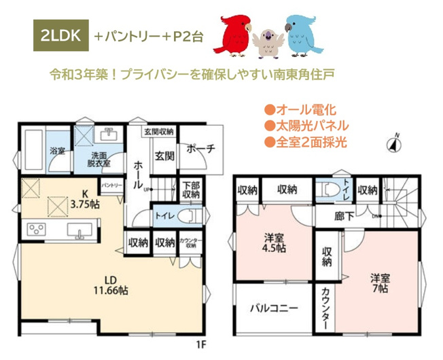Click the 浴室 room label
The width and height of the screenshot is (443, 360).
[56, 151]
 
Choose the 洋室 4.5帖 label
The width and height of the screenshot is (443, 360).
[274, 243]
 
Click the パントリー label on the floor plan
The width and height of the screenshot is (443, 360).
[111, 185]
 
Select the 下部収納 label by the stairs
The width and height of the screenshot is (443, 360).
[190, 190]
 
